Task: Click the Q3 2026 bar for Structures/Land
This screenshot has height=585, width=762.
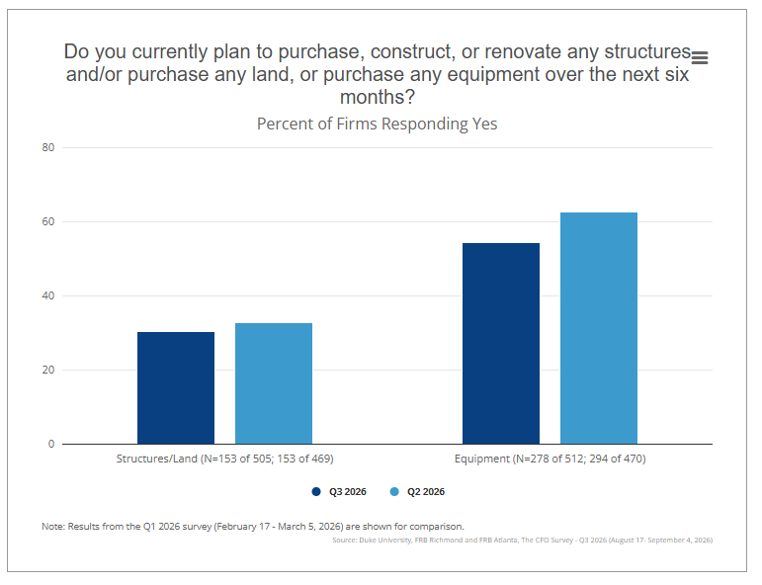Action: tap(176, 387)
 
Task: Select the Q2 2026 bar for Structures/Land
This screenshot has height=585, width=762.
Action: tap(274, 383)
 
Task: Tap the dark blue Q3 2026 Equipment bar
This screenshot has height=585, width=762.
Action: tap(501, 344)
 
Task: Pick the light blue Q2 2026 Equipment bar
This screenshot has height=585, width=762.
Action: tap(599, 328)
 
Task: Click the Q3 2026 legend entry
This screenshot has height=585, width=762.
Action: tap(339, 492)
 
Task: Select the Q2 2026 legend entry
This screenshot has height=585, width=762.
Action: tap(417, 492)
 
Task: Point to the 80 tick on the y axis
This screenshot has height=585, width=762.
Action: tap(48, 147)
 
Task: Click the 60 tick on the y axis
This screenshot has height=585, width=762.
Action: tap(48, 221)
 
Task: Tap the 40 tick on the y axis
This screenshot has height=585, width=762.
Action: tap(48, 295)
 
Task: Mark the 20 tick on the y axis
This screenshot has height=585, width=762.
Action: tap(48, 370)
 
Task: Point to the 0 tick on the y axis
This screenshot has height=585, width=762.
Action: tap(51, 444)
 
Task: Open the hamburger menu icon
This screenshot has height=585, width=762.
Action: tap(700, 58)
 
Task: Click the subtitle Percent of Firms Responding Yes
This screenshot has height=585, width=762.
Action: tap(378, 124)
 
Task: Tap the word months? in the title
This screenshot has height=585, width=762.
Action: tap(378, 97)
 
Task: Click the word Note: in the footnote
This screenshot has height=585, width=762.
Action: tap(53, 527)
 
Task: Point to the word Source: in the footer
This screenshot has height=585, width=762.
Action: tap(345, 540)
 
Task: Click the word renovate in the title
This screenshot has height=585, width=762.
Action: tap(523, 51)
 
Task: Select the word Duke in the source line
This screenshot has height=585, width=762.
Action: tap(367, 540)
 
